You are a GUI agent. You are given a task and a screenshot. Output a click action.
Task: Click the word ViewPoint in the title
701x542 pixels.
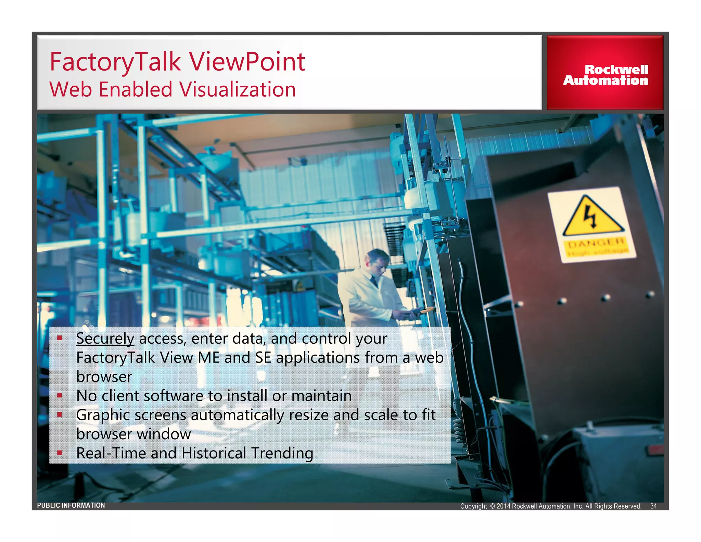[247, 62]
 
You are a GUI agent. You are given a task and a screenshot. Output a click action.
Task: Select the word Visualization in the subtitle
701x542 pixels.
[238, 89]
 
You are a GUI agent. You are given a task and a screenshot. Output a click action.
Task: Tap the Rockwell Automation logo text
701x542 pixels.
[606, 75]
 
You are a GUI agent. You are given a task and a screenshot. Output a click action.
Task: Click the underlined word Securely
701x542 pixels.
[105, 338]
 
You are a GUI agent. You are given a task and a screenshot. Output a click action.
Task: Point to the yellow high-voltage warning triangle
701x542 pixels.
[591, 217]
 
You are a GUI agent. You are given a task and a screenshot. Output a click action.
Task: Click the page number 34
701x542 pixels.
[653, 506]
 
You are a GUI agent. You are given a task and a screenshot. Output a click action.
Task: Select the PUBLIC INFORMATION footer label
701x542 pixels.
[71, 505]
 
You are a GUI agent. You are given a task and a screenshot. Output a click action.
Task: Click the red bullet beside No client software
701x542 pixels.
[60, 395]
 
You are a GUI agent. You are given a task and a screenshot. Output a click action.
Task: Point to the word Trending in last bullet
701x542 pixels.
[282, 453]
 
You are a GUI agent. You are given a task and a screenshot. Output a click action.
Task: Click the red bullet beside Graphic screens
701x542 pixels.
[60, 415]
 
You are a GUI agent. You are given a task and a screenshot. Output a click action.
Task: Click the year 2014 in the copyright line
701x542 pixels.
[504, 506]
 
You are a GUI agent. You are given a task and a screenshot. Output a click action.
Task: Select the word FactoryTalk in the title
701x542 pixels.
[115, 62]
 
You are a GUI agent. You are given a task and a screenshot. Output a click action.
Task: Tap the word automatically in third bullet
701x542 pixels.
[237, 415]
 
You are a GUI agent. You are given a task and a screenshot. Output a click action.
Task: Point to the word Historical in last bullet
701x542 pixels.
[214, 453]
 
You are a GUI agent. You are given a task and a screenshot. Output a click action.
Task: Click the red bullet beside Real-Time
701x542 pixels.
[60, 453]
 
